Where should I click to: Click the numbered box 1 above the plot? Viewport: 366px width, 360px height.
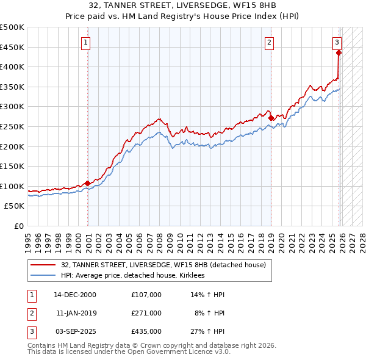[85, 42]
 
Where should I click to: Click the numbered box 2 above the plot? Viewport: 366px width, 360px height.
[269, 42]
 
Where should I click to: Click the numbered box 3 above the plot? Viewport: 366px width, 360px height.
[337, 42]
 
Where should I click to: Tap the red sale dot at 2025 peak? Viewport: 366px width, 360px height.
[339, 52]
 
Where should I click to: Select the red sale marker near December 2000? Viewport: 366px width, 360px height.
[88, 183]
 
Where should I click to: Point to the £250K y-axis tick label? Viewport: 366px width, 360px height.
[12, 126]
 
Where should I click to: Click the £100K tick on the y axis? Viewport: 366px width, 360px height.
[12, 186]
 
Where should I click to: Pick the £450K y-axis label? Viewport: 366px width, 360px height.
[12, 47]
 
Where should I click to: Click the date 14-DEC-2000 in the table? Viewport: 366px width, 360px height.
[75, 295]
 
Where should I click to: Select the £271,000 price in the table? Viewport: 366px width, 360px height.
[146, 313]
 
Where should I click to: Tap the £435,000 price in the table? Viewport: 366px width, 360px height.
[146, 331]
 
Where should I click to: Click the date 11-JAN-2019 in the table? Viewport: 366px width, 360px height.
[76, 313]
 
